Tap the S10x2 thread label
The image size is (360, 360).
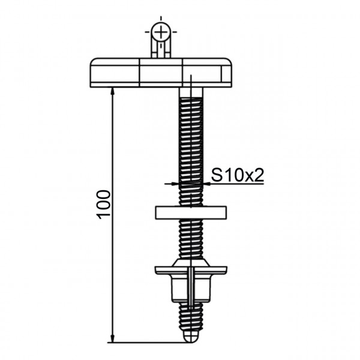point(238,175)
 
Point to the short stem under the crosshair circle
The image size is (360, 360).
point(160,48)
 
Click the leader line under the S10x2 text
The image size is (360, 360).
point(240,183)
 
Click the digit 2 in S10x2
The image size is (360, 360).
point(260,175)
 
